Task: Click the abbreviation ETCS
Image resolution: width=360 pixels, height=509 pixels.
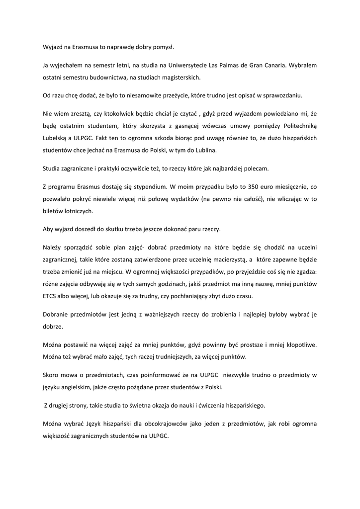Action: click(51, 296)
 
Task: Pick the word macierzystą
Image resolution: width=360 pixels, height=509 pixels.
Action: click(224, 259)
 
